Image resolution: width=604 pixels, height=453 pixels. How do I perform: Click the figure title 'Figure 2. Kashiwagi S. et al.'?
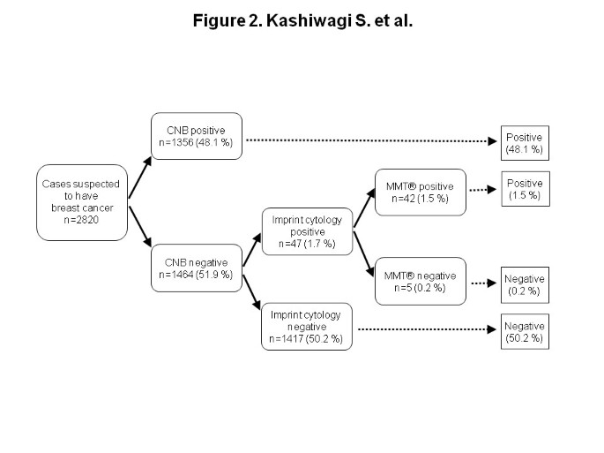point(302,20)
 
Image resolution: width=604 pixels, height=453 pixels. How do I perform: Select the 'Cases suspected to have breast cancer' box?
point(82,201)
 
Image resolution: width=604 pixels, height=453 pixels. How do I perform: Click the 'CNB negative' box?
point(196,268)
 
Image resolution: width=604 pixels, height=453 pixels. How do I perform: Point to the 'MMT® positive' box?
point(419,192)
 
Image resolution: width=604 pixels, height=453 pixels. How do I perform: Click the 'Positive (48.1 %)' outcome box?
point(525,143)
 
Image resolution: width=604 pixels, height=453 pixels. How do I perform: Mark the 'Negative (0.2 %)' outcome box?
point(525,283)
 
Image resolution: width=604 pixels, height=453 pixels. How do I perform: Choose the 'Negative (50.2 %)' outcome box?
point(525,330)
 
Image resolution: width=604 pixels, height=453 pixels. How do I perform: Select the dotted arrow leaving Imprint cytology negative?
point(423,329)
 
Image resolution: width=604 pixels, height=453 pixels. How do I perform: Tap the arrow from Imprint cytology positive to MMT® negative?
point(363,252)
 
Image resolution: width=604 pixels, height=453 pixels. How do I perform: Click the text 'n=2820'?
point(82,219)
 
